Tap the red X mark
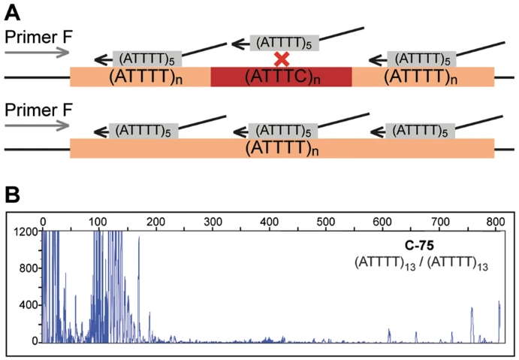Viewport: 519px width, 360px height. (x=282, y=59)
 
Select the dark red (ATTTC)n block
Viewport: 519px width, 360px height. (x=281, y=76)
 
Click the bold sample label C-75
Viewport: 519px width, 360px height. (x=421, y=246)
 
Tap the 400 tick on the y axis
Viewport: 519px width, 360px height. (x=29, y=305)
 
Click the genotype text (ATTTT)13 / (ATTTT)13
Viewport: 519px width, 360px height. (x=421, y=262)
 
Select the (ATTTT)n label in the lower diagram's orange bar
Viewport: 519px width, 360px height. (x=281, y=148)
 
